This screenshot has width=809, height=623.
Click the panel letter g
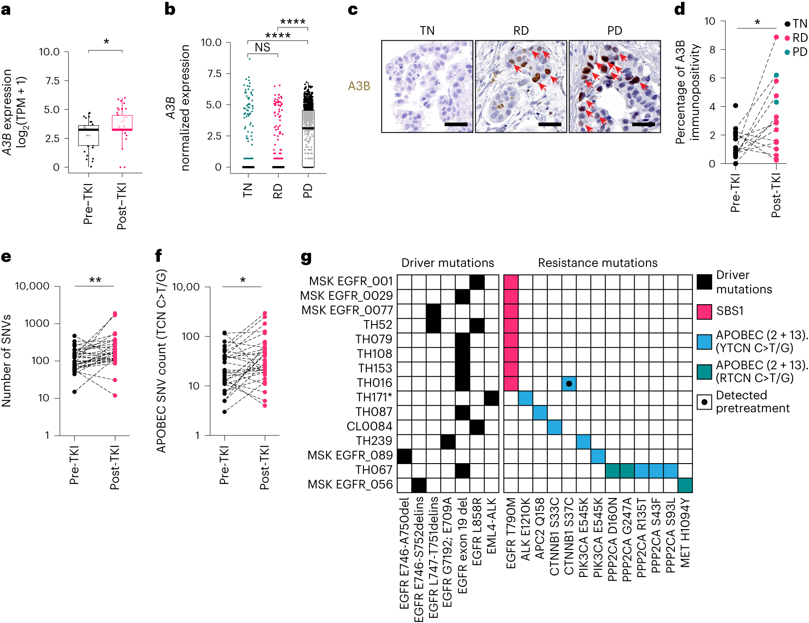click(306, 257)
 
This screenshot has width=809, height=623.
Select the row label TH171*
click(374, 397)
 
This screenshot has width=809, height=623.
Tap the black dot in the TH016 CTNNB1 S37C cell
click(569, 383)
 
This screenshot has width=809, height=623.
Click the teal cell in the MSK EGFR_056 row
click(685, 485)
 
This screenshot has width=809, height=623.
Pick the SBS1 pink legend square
click(704, 312)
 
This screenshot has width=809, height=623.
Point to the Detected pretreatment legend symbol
click(704, 402)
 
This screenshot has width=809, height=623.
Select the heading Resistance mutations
click(597, 263)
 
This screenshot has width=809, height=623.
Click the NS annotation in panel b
click(263, 47)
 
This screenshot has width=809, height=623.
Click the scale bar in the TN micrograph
click(456, 124)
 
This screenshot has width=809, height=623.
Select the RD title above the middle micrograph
click(521, 31)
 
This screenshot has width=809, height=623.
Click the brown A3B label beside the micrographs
click(359, 86)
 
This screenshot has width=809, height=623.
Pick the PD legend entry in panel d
click(796, 52)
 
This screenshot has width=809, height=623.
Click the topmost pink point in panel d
click(776, 37)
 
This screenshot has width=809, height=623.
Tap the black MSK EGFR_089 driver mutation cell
click(404, 456)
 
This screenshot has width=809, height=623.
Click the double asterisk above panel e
click(95, 280)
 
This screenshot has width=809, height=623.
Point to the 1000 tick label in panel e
click(37, 323)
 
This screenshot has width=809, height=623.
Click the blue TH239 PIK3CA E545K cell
click(583, 441)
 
